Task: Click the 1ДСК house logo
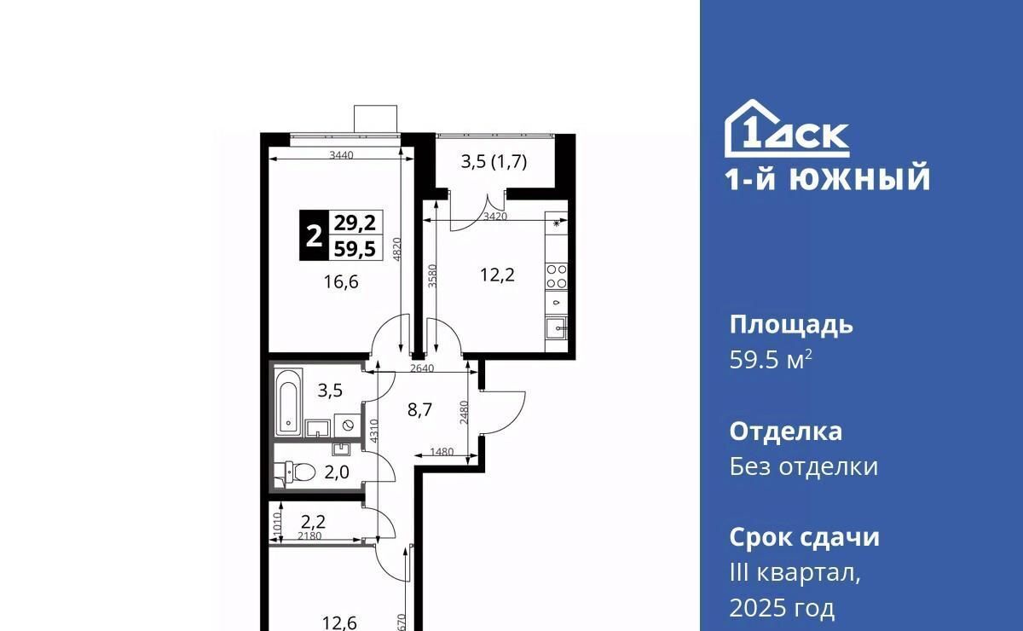(787, 129)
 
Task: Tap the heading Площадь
(791, 326)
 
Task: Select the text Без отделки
(803, 467)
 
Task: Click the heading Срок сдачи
(804, 537)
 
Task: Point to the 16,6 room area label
(341, 282)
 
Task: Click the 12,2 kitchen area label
(497, 275)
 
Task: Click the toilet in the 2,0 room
(296, 472)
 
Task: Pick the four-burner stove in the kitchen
(556, 276)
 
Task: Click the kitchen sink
(556, 327)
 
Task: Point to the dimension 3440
(342, 155)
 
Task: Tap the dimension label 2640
(421, 368)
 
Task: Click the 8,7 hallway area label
(419, 410)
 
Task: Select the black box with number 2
(314, 235)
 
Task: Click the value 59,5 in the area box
(355, 249)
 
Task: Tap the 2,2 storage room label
(314, 521)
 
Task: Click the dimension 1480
(442, 452)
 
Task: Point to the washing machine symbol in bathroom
(348, 425)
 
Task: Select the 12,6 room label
(340, 622)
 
